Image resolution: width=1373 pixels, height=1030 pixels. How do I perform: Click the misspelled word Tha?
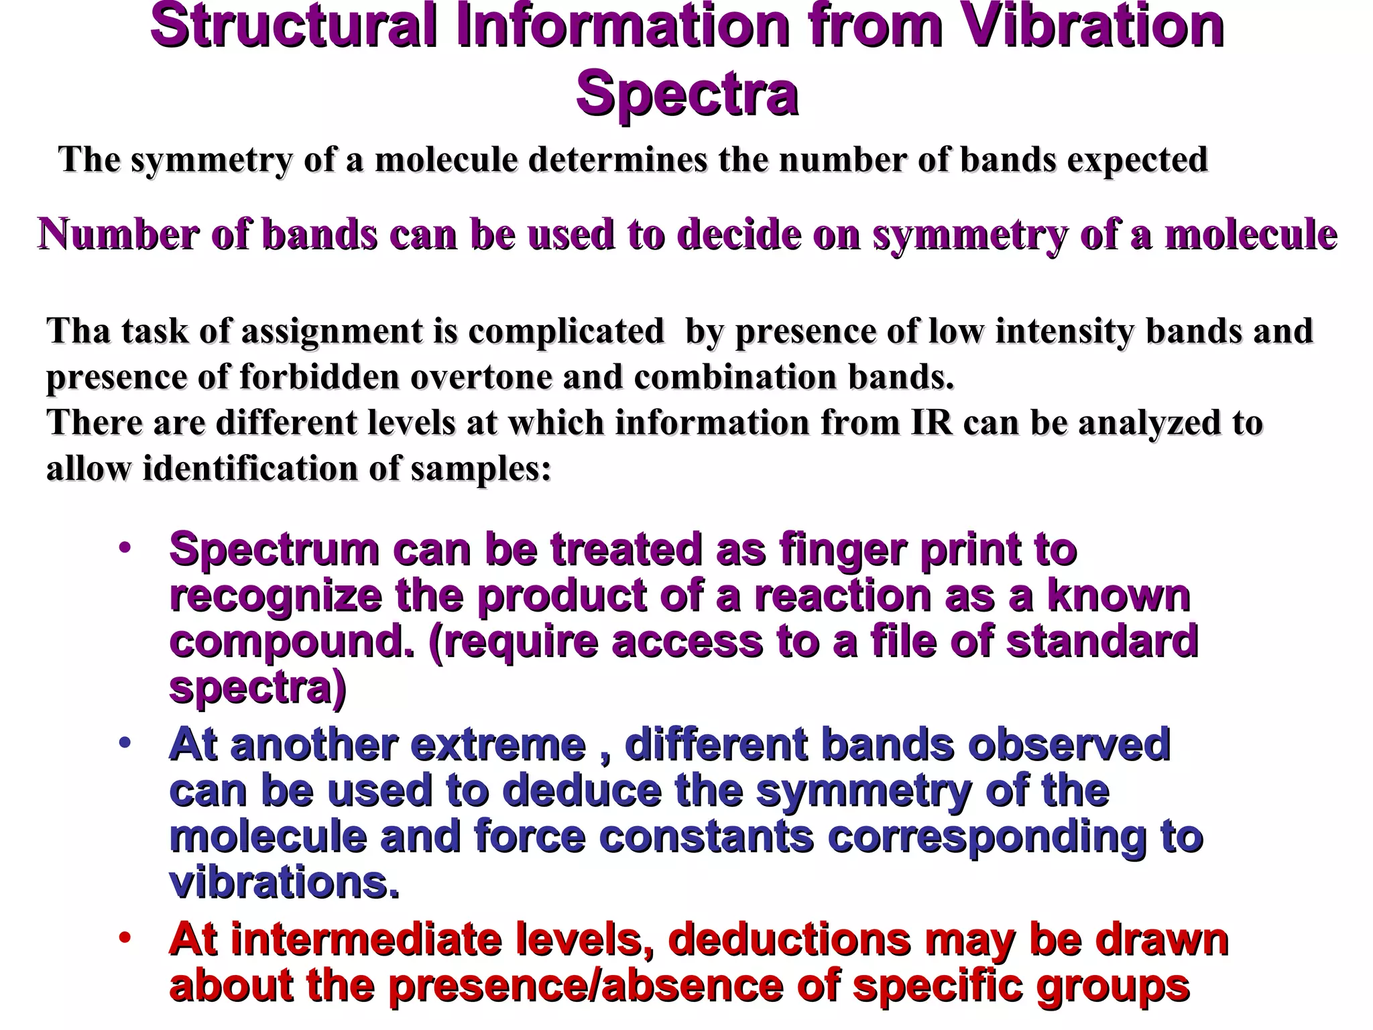(x=78, y=331)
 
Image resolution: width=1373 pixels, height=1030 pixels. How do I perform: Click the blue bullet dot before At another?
(x=124, y=744)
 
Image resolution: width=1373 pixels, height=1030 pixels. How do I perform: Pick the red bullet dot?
(x=124, y=939)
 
